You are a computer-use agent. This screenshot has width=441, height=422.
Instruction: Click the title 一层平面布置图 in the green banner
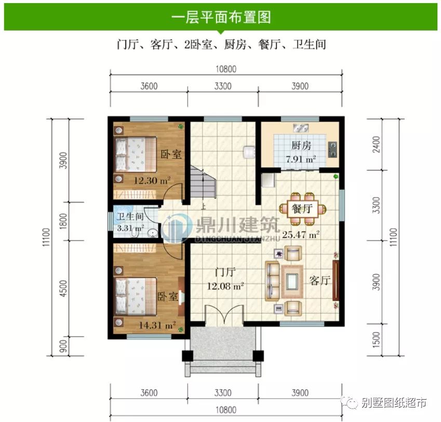221,17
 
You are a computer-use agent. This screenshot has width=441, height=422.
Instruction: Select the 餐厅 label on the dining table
303,209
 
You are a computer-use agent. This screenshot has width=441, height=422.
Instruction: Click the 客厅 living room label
319,280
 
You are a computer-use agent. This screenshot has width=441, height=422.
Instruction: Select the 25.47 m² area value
300,234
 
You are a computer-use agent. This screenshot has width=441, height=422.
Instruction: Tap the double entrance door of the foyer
224,315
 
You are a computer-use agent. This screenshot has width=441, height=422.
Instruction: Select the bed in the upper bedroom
136,155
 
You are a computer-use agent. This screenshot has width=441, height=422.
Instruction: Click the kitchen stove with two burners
332,149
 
